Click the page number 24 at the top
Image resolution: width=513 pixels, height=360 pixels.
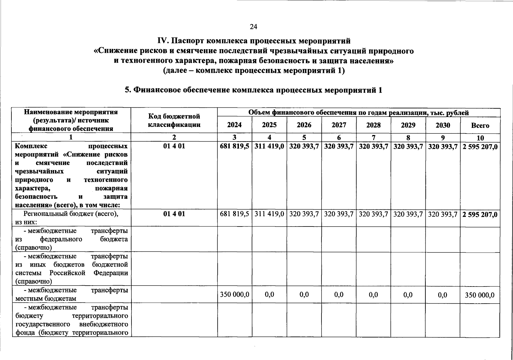coord(253,27)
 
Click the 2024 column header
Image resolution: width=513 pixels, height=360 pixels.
coord(234,125)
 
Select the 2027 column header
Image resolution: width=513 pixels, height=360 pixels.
coord(339,125)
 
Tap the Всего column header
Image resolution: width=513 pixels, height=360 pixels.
coord(480,126)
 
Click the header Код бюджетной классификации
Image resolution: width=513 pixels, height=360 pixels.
coord(174,120)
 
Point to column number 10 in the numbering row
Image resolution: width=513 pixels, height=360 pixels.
coord(480,138)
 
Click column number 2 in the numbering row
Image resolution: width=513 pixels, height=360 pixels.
coord(174,137)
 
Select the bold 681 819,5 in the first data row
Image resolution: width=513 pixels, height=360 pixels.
coord(234,147)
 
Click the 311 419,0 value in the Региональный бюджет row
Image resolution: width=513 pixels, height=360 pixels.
coord(269,214)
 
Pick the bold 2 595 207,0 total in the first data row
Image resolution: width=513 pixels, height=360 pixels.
coord(480,147)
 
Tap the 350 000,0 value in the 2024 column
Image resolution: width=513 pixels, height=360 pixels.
coord(234,295)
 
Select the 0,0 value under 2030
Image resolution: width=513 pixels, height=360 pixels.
coord(442,295)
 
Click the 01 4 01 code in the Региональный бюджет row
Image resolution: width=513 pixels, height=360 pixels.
coord(174,214)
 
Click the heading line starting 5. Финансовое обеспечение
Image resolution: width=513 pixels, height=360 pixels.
coord(253,90)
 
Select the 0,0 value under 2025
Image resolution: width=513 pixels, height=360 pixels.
coord(269,295)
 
